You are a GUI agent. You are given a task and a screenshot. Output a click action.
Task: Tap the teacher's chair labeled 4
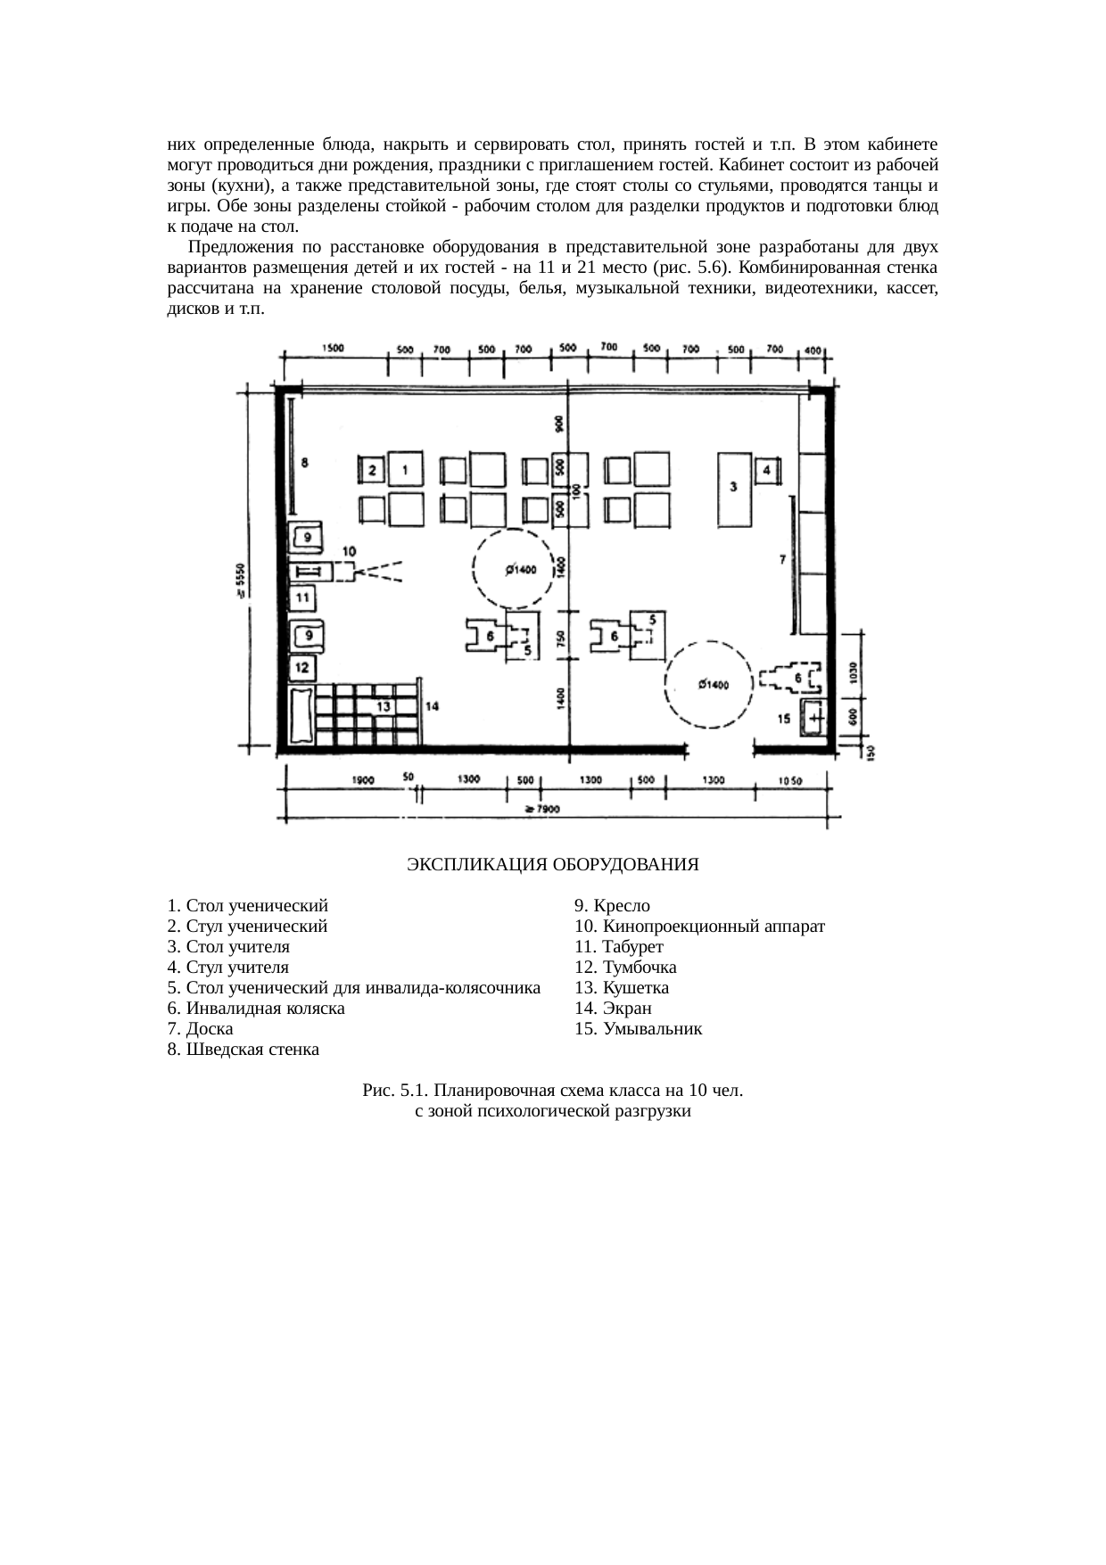pyautogui.click(x=767, y=470)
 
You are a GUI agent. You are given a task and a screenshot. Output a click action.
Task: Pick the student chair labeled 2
pyautogui.click(x=372, y=470)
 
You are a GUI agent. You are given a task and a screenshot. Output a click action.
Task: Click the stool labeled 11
pyautogui.click(x=302, y=597)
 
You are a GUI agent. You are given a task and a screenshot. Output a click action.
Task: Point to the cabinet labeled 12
pyautogui.click(x=302, y=667)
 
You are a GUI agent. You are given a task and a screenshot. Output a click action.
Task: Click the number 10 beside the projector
pyautogui.click(x=349, y=550)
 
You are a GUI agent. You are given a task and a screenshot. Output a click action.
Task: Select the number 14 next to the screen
pyautogui.click(x=432, y=706)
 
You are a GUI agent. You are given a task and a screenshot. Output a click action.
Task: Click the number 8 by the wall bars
pyautogui.click(x=305, y=462)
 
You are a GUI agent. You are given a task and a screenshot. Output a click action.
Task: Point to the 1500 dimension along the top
pyautogui.click(x=334, y=349)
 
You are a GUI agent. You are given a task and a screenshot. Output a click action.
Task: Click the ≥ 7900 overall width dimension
pyautogui.click(x=541, y=810)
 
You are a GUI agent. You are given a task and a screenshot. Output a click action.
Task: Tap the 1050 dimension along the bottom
pyautogui.click(x=789, y=780)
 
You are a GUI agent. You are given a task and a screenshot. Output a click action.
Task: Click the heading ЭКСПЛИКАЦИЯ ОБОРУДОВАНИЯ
pyautogui.click(x=552, y=864)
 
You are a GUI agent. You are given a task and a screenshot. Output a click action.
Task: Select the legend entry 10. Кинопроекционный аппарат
pyautogui.click(x=699, y=927)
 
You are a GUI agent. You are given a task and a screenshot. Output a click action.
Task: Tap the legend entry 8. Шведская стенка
pyautogui.click(x=243, y=1050)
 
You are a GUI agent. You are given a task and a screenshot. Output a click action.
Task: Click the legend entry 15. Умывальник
pyautogui.click(x=638, y=1029)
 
